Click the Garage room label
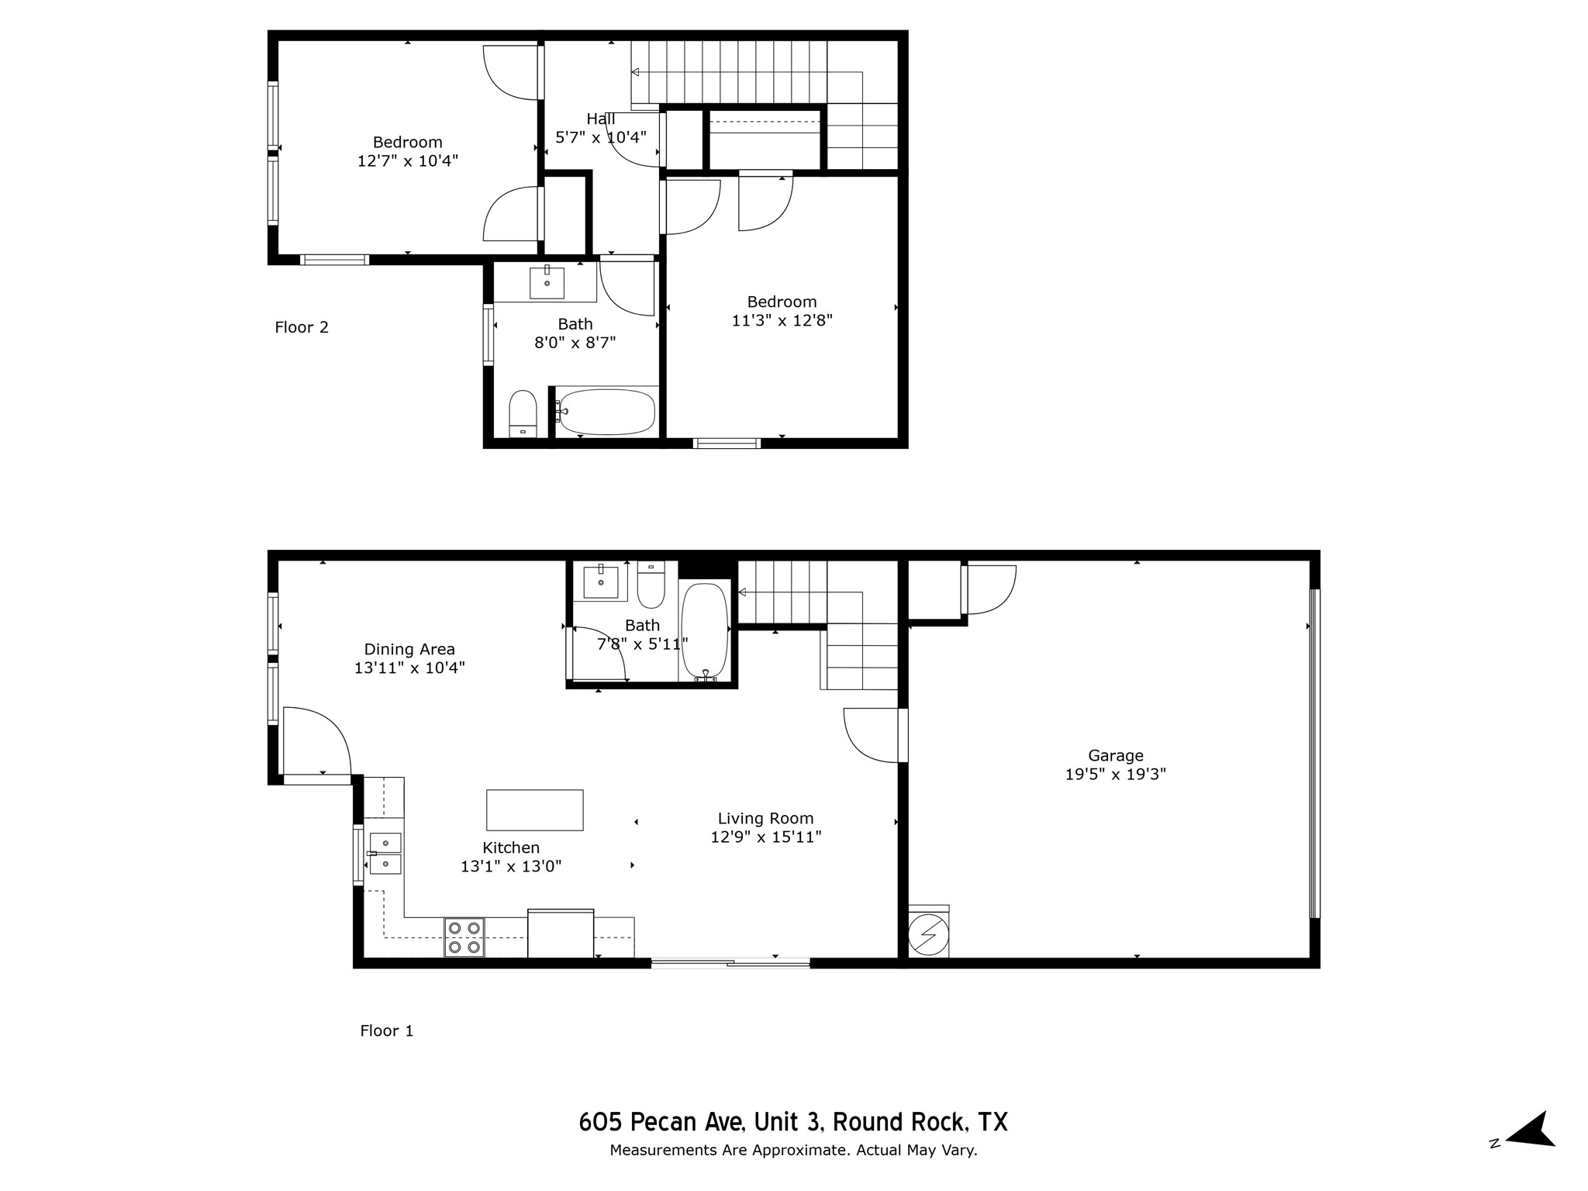point(1115,755)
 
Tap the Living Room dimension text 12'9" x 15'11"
point(765,837)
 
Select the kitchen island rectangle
point(534,810)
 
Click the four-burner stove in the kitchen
point(464,937)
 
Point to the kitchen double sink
point(385,853)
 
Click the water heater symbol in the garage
point(928,935)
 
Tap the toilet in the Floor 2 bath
point(523,414)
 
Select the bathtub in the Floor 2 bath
point(607,412)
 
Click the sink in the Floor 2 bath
point(547,282)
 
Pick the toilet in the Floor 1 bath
point(651,587)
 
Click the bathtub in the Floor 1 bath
point(704,630)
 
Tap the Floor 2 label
point(302,327)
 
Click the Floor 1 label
point(386,1030)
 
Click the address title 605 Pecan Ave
point(792,1122)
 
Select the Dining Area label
point(409,649)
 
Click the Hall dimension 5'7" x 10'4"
point(601,138)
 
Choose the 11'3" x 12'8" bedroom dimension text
point(782,320)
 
